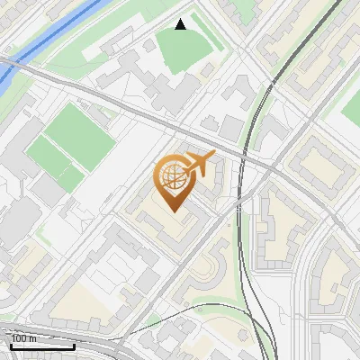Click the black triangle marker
tap(181, 24)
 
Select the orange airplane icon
tap(200, 164)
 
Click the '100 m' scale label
tap(23, 338)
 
